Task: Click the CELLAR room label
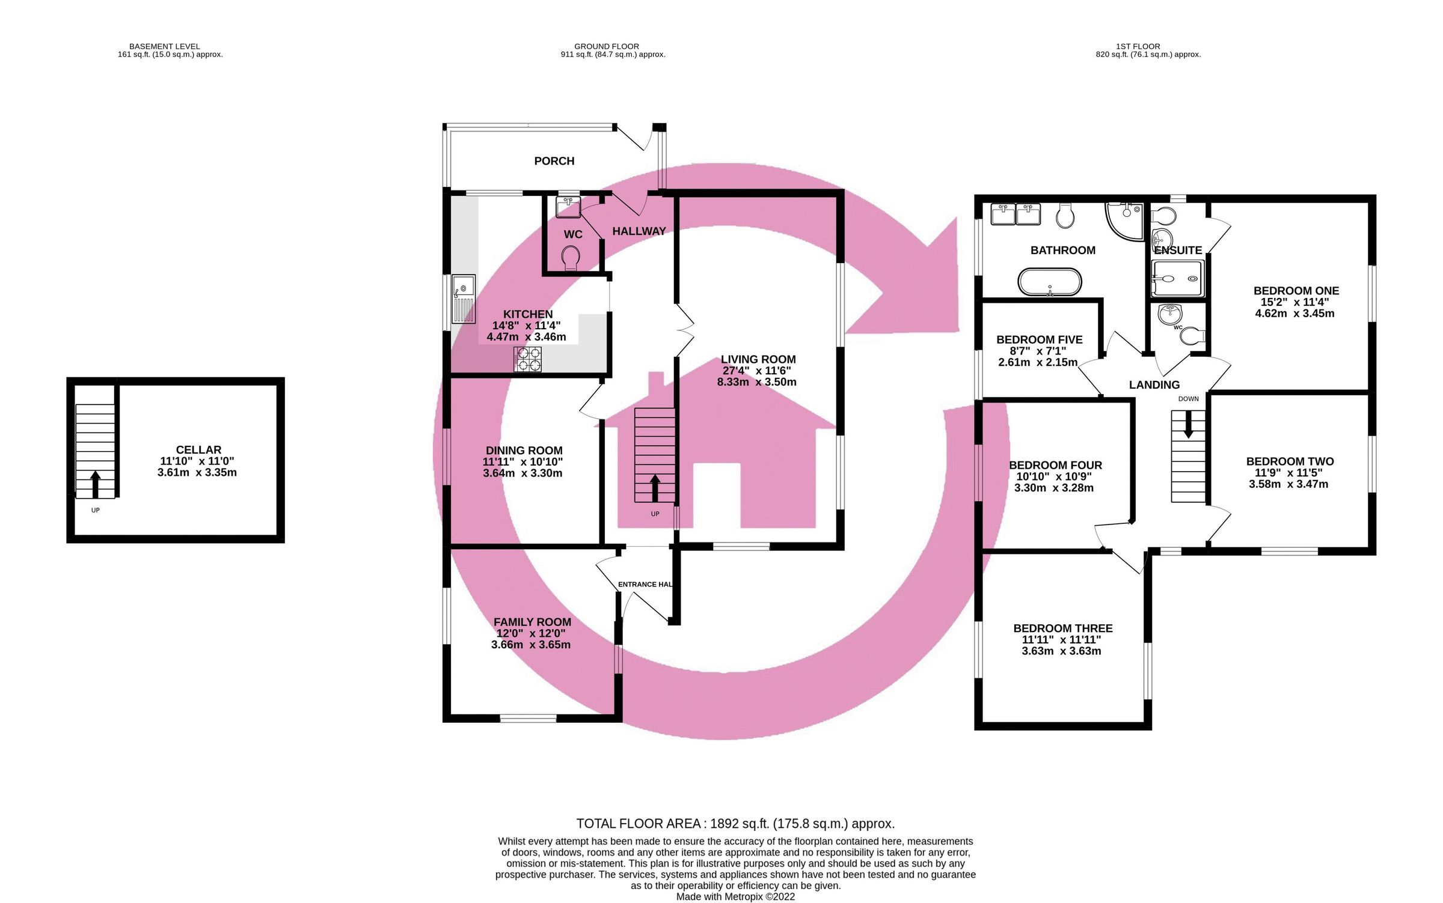[x=198, y=449]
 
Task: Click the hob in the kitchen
[x=527, y=359]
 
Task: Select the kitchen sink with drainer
[x=464, y=299]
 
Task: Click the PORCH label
[x=554, y=161]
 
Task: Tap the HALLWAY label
[x=639, y=231]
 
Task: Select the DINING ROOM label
[x=524, y=451]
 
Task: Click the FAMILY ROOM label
[x=532, y=622]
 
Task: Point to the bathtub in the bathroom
[x=1049, y=282]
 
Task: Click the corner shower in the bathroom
[x=1125, y=220]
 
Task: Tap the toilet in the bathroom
[x=1065, y=215]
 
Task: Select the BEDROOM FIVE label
[x=1039, y=339]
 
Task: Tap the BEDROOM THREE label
[x=1062, y=628]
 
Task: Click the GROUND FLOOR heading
[x=606, y=46]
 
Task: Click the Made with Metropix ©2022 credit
[x=735, y=896]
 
